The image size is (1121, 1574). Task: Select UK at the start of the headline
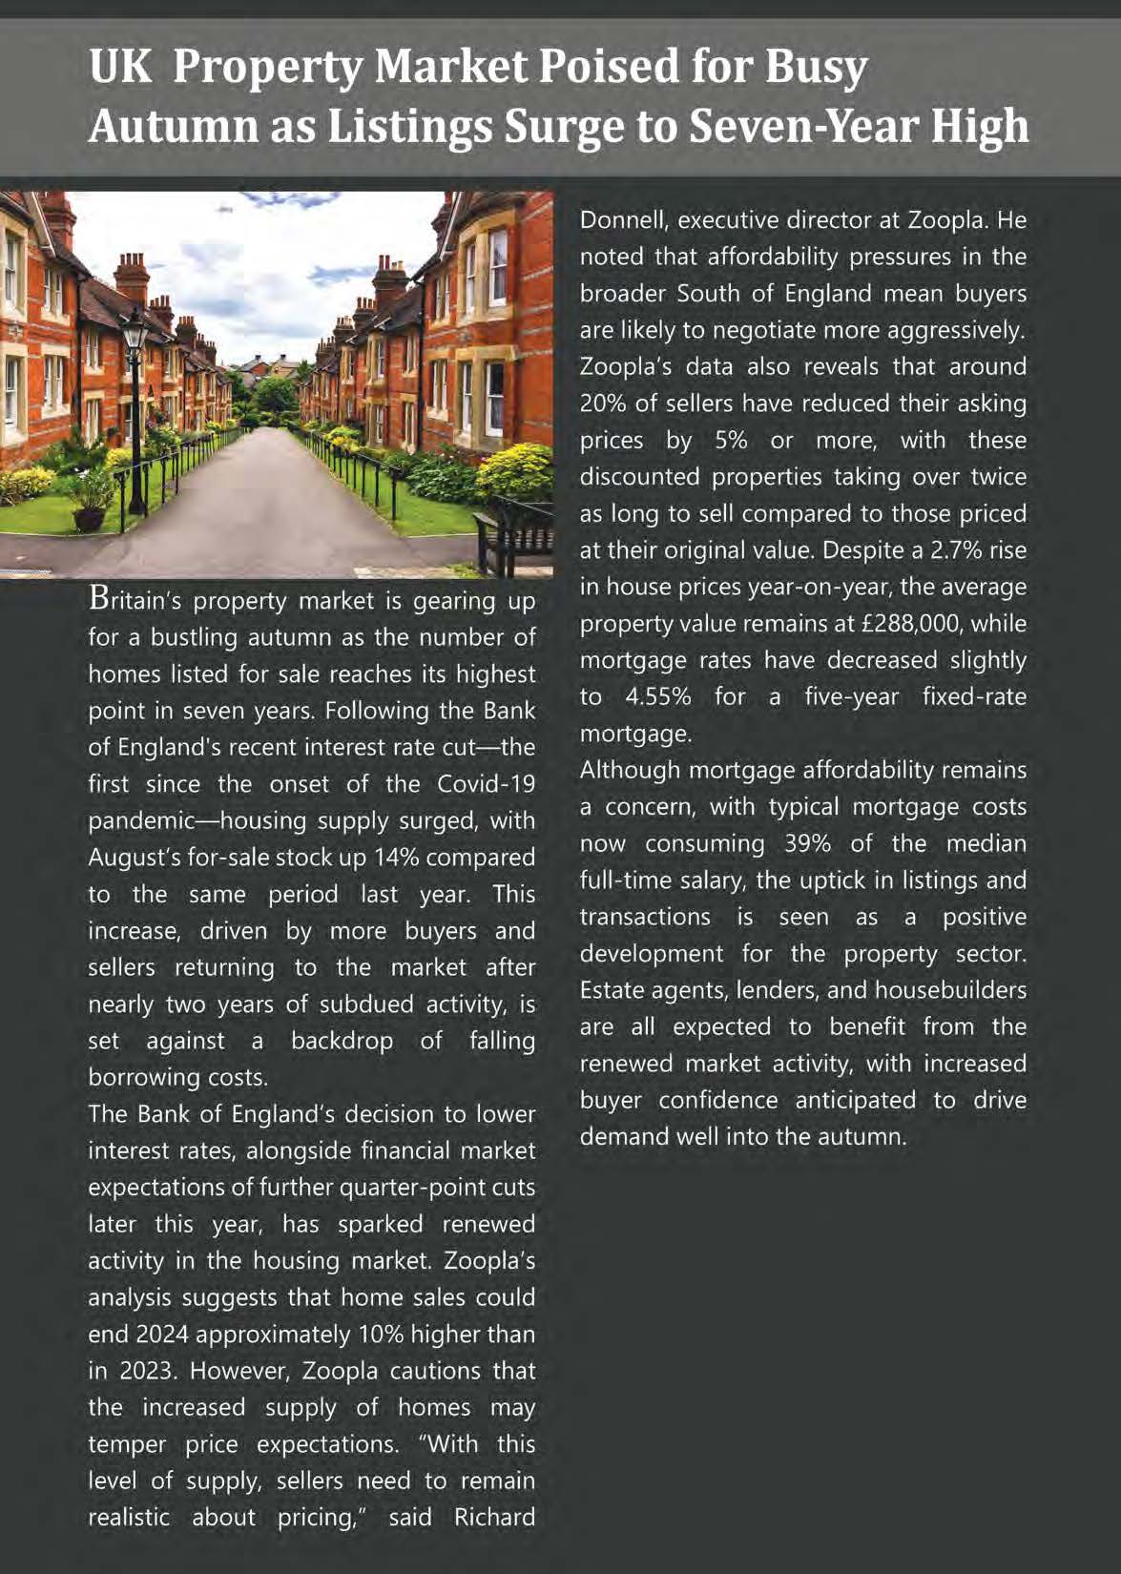point(120,67)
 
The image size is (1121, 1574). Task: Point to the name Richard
point(494,1517)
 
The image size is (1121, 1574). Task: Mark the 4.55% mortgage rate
point(657,696)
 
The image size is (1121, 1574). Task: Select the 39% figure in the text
point(807,843)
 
